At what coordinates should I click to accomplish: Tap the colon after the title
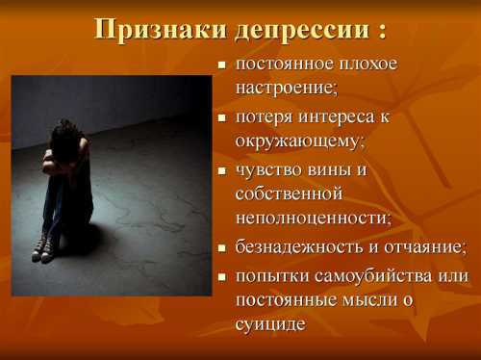click(x=383, y=31)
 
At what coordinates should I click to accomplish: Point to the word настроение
click(x=287, y=89)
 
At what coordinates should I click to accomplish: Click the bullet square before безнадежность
click(x=221, y=246)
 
